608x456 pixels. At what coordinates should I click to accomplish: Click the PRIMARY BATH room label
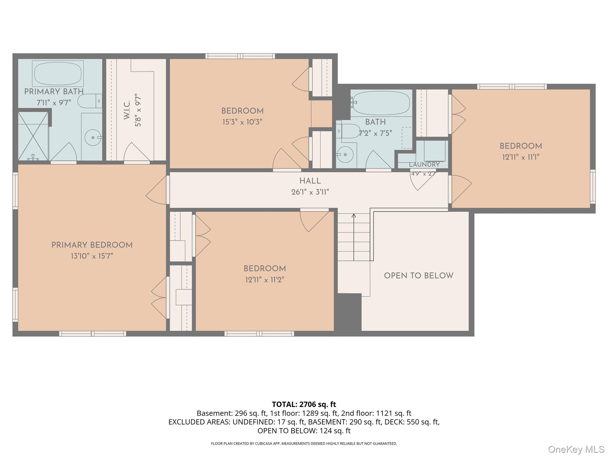point(54,92)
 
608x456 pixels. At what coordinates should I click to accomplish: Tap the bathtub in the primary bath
point(58,74)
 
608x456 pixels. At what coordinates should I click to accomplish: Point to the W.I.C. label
point(127,110)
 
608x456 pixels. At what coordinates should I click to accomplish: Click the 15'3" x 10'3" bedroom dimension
point(243,122)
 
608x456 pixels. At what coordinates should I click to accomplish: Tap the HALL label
point(310,181)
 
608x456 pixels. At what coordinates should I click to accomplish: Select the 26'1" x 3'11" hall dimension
point(310,192)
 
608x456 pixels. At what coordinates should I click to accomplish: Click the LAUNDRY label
point(424,164)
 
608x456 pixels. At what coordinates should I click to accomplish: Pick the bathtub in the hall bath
point(381,103)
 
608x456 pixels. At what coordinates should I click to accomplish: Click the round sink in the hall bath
point(344,154)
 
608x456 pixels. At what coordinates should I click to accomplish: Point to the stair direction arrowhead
point(354,216)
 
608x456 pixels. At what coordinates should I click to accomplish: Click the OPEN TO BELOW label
point(419,276)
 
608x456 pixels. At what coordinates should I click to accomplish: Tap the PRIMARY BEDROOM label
point(92,245)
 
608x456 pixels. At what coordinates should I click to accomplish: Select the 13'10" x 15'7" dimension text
point(92,256)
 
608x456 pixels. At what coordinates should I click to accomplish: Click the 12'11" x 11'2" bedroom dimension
point(265,280)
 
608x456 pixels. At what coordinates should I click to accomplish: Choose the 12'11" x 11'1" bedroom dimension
point(521,157)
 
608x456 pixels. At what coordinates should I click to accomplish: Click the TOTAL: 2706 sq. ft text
point(304,404)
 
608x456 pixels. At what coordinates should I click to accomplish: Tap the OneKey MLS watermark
point(576,449)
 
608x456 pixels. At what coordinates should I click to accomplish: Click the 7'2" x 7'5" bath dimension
point(376,133)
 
